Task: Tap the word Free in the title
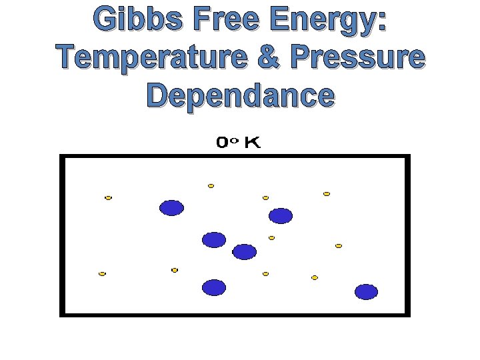pos(229,21)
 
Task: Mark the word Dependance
pos(240,95)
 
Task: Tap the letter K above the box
pos(252,143)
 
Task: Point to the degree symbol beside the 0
pos(235,140)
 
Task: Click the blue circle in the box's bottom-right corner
pos(366,292)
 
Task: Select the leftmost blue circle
pos(171,208)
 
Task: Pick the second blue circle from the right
pos(281,216)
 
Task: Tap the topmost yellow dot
pos(211,186)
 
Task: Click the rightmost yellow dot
pos(339,246)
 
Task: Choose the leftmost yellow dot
pos(102,274)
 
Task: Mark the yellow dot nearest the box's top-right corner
pos(327,194)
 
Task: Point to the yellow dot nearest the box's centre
pos(271,238)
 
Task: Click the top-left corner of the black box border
pos(62,157)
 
